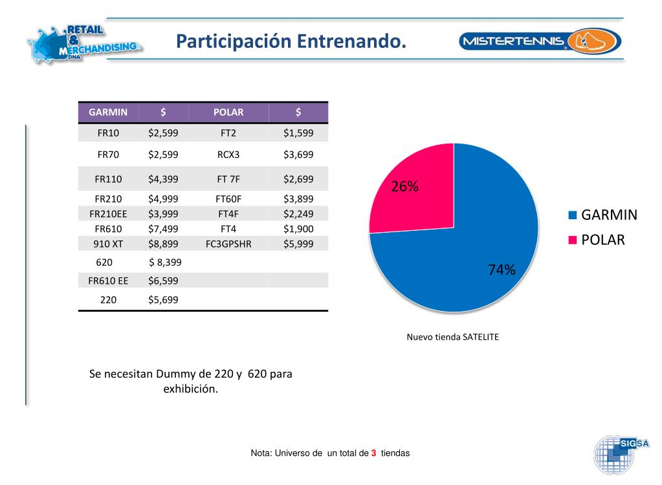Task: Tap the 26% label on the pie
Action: click(404, 187)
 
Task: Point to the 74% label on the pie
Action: click(502, 270)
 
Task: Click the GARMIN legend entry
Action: click(602, 215)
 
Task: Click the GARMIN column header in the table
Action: click(108, 112)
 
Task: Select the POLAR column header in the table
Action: click(228, 112)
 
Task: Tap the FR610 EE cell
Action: click(108, 281)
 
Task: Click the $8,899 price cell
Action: click(163, 244)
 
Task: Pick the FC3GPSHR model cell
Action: click(228, 244)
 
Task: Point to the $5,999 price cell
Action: click(298, 244)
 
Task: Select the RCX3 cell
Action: click(228, 155)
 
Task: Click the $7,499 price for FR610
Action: click(163, 229)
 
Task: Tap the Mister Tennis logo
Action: click(540, 42)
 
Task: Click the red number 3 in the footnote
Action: click(373, 453)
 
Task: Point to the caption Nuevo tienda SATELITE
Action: click(452, 337)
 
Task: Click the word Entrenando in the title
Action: click(352, 42)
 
